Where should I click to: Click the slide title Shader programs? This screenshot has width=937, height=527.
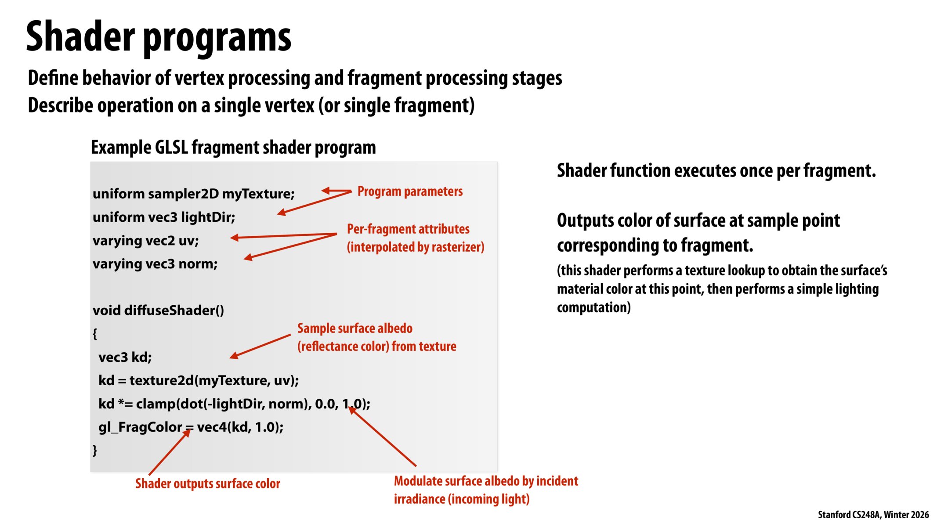[158, 37]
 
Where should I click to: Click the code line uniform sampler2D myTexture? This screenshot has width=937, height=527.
[193, 194]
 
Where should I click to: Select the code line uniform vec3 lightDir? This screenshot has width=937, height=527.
[164, 217]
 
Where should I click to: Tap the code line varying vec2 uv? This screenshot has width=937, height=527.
[145, 241]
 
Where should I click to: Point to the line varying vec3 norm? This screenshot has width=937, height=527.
[155, 264]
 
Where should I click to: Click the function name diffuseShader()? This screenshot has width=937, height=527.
[174, 310]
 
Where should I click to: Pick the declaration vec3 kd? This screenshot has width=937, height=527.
[125, 357]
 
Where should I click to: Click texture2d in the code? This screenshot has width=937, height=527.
[162, 380]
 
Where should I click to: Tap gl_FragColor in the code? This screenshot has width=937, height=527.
[140, 427]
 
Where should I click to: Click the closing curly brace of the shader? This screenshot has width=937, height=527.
[94, 450]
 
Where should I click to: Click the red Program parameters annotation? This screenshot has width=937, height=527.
[410, 191]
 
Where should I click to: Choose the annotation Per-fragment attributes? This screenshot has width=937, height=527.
[408, 229]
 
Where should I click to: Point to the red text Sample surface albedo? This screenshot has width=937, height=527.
[355, 328]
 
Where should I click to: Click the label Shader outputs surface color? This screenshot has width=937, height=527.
[207, 484]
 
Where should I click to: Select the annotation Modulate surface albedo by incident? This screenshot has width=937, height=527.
[486, 481]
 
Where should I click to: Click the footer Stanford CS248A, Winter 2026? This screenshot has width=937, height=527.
[873, 515]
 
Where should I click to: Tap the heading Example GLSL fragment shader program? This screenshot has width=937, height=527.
[233, 147]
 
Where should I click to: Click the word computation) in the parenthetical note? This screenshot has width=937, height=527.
[593, 307]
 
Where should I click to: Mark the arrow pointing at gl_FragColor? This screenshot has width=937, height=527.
[169, 452]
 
